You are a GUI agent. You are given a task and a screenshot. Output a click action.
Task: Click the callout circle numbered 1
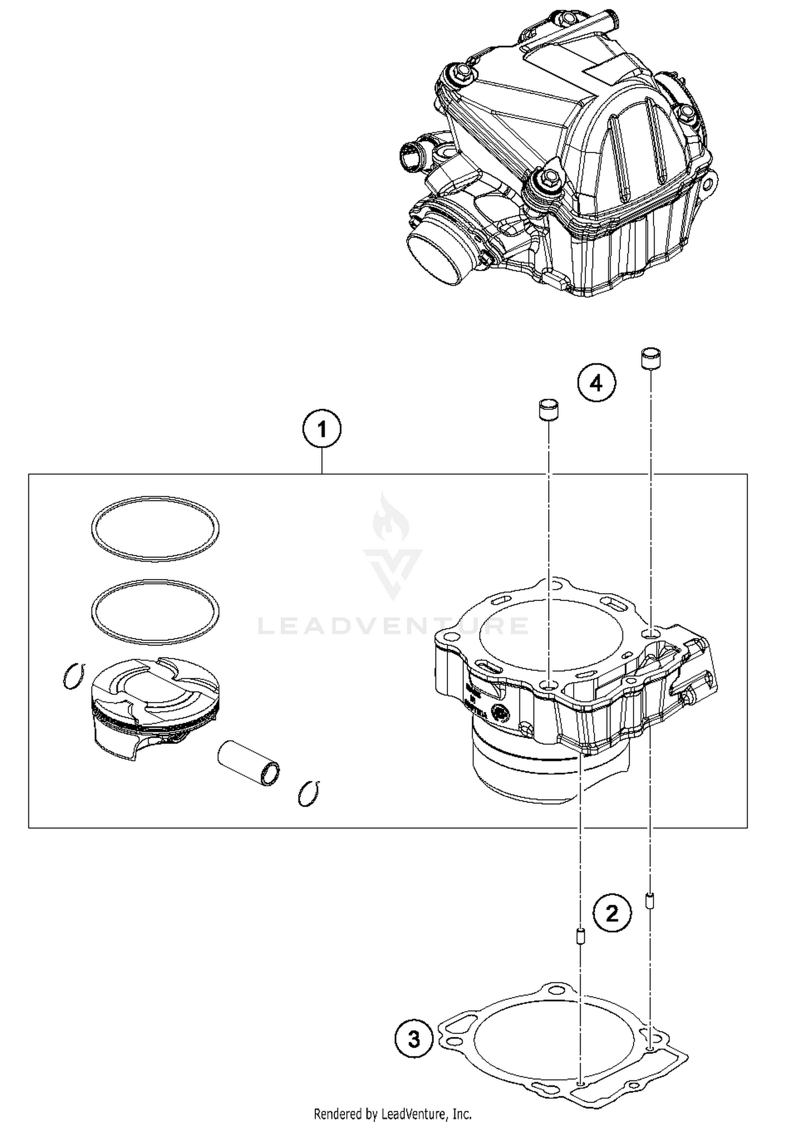(322, 430)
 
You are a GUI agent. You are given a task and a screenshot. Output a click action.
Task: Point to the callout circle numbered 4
(596, 384)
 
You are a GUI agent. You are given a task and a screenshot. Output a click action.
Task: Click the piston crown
(155, 684)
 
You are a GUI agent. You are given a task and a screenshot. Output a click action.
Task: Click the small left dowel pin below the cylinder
(580, 936)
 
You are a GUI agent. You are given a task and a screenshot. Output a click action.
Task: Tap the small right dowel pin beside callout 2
(650, 901)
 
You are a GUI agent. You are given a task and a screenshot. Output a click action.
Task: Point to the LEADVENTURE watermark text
(393, 625)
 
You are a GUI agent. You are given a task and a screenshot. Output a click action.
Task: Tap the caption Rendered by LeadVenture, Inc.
(393, 1112)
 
